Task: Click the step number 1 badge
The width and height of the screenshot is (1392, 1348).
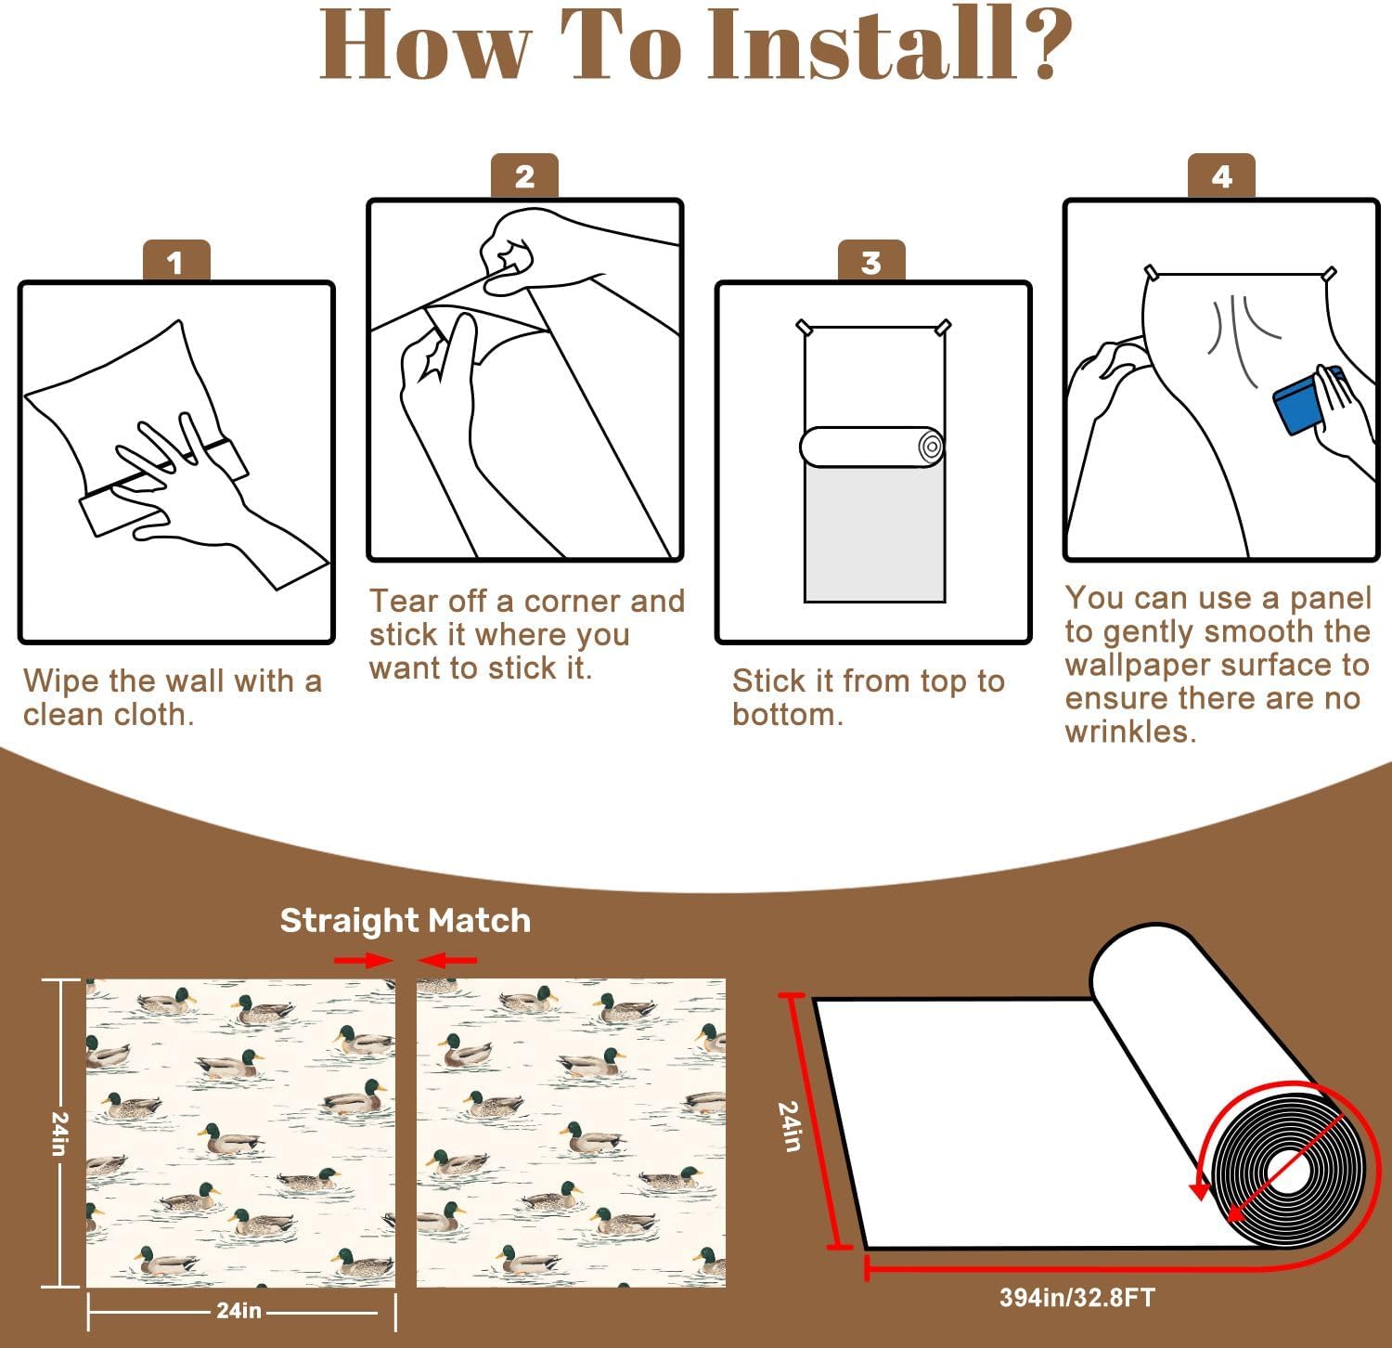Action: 176,261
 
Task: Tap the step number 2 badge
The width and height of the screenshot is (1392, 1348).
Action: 524,175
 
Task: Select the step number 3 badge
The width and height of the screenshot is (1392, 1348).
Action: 871,261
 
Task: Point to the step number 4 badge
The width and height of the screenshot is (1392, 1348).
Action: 1221,175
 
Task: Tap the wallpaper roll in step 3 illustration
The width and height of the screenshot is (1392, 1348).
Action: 872,447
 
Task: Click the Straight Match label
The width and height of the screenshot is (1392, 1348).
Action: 406,920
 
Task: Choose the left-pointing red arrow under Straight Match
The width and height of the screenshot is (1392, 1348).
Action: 447,960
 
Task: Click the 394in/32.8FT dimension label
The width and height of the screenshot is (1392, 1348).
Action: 1076,1297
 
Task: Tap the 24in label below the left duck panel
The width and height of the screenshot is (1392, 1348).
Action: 238,1310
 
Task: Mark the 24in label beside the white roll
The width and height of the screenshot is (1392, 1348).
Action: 790,1126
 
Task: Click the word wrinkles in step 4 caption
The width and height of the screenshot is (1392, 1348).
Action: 1131,732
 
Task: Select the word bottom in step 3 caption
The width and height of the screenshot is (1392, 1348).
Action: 788,714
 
